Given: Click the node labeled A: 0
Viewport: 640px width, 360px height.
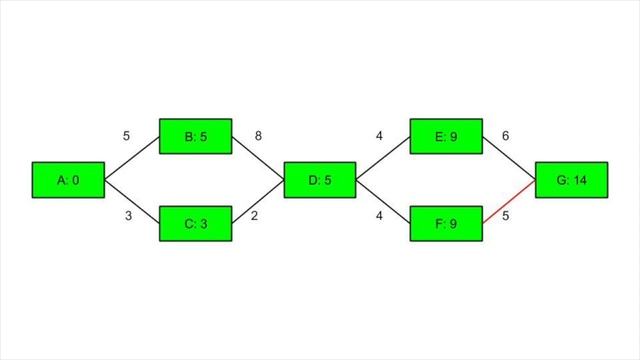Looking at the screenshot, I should (x=68, y=180).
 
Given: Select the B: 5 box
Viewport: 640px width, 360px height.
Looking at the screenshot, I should (x=196, y=137).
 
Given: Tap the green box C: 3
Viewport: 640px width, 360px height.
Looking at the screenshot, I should (x=196, y=223).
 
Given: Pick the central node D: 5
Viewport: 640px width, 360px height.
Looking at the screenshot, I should (x=320, y=180).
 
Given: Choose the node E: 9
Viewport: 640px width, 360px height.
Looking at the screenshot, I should (x=446, y=137).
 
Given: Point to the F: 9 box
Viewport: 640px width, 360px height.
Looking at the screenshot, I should (x=446, y=223).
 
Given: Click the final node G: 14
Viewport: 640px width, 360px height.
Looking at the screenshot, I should (x=573, y=180).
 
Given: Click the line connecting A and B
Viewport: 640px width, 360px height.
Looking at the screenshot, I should (x=132, y=159).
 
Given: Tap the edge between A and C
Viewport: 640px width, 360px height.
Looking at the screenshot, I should (x=132, y=202).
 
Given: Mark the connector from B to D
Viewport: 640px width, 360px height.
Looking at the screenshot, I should (x=258, y=159).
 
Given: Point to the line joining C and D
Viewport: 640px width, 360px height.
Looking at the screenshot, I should (x=258, y=202).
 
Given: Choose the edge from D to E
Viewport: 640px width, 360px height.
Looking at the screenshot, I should (x=383, y=159).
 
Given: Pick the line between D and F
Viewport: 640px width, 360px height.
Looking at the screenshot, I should (x=383, y=202).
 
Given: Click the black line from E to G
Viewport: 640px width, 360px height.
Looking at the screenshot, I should (x=509, y=159).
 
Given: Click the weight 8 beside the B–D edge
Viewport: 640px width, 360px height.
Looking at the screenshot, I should (x=258, y=135).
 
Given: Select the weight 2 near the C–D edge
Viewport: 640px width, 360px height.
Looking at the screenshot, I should (x=254, y=216).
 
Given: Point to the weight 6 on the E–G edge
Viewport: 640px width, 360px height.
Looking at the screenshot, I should (x=505, y=135).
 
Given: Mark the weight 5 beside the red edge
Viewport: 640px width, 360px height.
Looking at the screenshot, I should (x=505, y=216).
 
